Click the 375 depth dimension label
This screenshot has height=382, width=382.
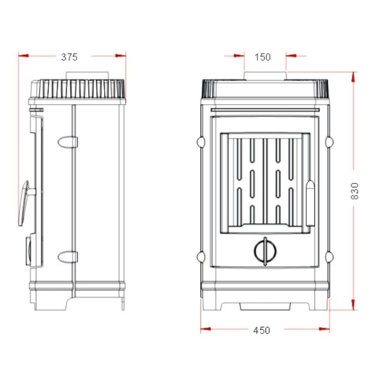click(69, 57)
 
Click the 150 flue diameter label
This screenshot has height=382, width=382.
click(263, 57)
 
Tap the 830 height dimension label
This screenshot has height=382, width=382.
click(354, 191)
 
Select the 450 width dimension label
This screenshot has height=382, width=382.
click(261, 330)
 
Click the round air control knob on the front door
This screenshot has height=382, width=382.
click(265, 251)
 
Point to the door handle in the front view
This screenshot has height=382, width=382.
click(310, 203)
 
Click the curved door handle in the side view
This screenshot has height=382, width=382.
click(24, 203)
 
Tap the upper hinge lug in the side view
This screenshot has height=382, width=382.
click(68, 142)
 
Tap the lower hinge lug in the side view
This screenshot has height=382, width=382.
click(68, 257)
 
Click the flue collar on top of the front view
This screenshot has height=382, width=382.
click(265, 76)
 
